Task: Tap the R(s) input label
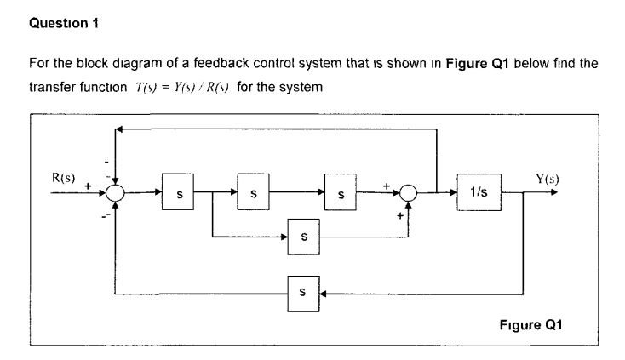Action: (x=64, y=179)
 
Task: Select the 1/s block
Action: (x=478, y=193)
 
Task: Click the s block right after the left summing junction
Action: (x=179, y=193)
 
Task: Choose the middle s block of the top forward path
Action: (x=255, y=193)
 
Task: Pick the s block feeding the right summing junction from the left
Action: (x=340, y=193)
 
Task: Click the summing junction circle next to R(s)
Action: (x=115, y=193)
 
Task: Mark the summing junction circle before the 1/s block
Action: (x=409, y=193)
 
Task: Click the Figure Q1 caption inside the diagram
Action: (x=534, y=325)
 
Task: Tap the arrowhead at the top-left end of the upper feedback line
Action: (x=120, y=130)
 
